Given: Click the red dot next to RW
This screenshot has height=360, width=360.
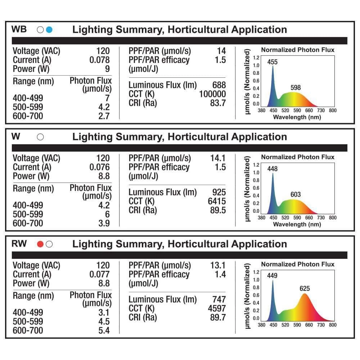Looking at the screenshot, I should point(40,244).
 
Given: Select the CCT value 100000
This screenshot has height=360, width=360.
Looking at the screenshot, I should point(212,94).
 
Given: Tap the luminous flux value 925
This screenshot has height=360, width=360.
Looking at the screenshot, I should point(219,192).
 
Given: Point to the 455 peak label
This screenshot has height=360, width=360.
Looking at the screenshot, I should point(273,62).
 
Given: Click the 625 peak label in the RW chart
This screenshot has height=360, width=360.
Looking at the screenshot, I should point(305,288).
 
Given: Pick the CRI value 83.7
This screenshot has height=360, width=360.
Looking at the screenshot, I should point(218,103).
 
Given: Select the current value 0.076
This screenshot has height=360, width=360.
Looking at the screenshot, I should point(99,167).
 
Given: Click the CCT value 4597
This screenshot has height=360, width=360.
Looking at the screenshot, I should point(217,308).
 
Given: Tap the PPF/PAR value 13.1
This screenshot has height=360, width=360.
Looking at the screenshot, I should point(218,265).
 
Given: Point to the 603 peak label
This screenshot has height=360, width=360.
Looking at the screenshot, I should point(296,195).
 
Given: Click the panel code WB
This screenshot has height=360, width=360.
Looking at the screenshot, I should point(19,29).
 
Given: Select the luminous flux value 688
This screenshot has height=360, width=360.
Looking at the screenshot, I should point(219,85).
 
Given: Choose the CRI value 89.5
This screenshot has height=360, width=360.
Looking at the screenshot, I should point(218,210).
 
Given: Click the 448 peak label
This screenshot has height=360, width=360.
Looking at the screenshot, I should point(273,169).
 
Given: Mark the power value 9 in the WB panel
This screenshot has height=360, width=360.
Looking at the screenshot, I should point(107,69).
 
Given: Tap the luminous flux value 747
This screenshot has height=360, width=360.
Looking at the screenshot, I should point(219,299).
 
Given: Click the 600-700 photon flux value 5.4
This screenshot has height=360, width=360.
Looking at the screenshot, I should point(104,330).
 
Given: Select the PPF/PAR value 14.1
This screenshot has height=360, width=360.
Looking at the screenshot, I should point(218,158).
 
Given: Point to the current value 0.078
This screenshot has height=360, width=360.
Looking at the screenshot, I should point(99,60).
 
